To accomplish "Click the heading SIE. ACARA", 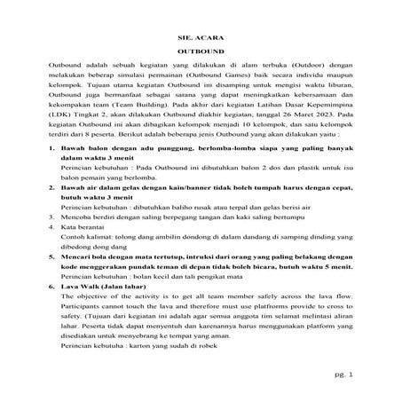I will (200, 40).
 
